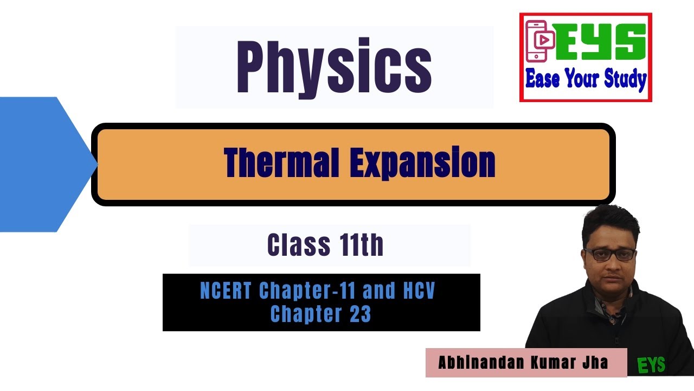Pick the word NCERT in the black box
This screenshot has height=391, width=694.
point(226,292)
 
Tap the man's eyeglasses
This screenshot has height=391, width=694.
point(610,254)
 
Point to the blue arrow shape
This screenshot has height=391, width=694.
point(43,164)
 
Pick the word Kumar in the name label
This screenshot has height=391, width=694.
point(556,363)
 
